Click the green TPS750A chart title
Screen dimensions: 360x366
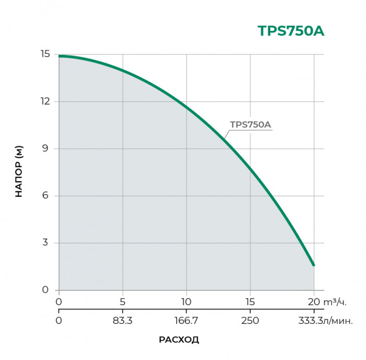(291, 31)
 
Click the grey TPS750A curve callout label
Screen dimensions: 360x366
(250, 125)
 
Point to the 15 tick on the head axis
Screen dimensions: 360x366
(45, 54)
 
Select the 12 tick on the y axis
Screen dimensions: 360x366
(45, 102)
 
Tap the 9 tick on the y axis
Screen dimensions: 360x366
(46, 149)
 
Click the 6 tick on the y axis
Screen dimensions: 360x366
(46, 196)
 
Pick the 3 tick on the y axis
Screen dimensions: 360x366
(46, 243)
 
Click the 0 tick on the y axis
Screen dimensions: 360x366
(46, 290)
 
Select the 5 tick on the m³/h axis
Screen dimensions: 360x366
(123, 302)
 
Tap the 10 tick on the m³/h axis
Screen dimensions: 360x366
(186, 302)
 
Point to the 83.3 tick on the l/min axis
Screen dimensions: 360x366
(123, 320)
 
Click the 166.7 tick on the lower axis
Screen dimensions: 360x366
(186, 320)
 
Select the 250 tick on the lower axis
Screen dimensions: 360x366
(250, 320)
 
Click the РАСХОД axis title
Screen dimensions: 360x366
(179, 340)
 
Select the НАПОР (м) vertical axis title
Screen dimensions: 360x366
(19, 172)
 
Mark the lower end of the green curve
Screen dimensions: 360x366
(314, 265)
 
